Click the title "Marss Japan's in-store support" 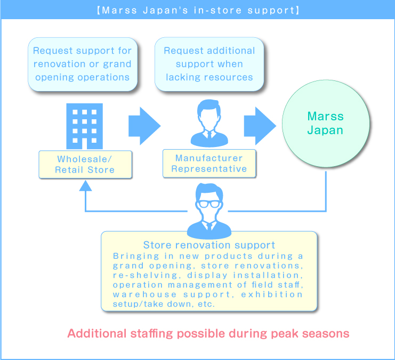click(x=197, y=10)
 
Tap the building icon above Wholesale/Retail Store click(x=84, y=126)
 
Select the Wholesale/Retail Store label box click(x=85, y=165)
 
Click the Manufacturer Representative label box click(x=209, y=163)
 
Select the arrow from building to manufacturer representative click(x=144, y=126)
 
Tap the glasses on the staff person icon click(x=209, y=203)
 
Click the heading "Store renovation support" click(x=209, y=245)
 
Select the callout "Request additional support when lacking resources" click(x=209, y=64)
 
